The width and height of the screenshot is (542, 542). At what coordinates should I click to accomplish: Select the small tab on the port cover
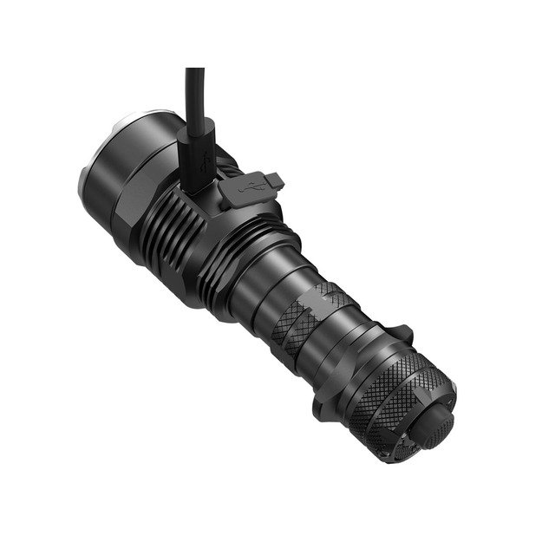pos(276,179)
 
